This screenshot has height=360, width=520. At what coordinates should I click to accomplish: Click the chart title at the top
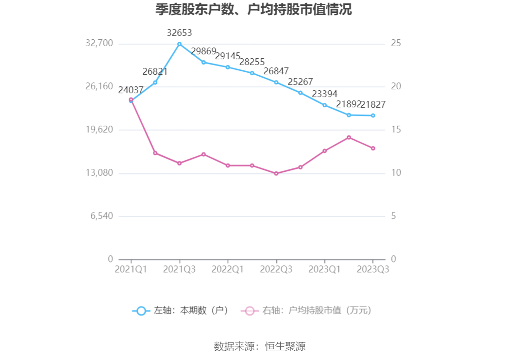253,10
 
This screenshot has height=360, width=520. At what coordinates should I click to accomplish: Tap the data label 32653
179,33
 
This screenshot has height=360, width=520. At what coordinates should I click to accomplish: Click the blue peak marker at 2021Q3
179,44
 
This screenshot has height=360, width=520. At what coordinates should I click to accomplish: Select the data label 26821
155,72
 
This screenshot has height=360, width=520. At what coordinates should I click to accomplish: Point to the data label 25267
300,82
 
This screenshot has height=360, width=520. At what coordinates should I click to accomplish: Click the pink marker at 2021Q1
131,99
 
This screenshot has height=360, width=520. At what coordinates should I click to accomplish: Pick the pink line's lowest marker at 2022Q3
276,173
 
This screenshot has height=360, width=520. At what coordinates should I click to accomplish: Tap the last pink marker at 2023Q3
373,148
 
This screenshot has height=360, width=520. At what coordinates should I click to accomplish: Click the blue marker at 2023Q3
373,115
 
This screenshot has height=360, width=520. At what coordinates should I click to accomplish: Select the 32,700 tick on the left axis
99,44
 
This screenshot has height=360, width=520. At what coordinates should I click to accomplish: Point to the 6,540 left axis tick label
101,216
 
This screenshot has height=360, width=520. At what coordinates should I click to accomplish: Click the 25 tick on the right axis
396,44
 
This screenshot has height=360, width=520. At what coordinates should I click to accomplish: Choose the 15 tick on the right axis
396,130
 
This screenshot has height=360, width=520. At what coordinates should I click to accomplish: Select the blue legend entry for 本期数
180,311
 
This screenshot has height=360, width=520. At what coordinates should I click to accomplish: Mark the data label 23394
324,94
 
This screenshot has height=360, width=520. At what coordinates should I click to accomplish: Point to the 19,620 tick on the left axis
99,130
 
